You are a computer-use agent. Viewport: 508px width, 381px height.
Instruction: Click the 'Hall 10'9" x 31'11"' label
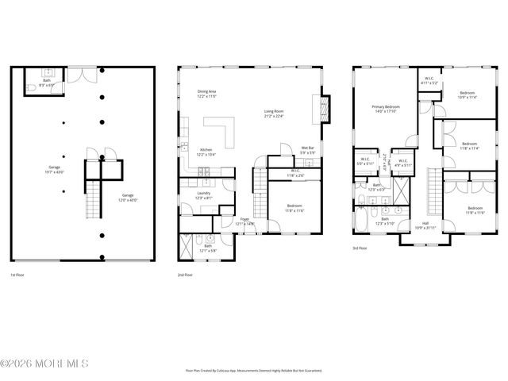click(425, 226)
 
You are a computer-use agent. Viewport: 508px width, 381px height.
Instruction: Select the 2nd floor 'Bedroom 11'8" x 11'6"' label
click(294, 208)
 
